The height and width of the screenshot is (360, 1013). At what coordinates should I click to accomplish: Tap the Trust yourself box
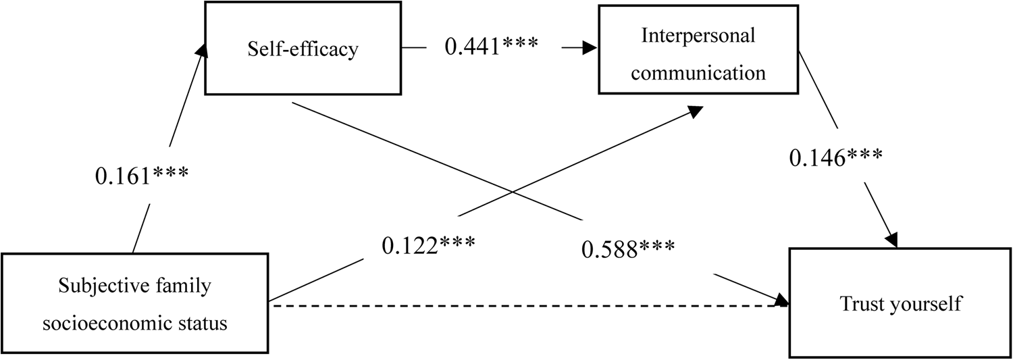click(900, 303)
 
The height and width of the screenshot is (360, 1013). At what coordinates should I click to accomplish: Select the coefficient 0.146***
click(836, 159)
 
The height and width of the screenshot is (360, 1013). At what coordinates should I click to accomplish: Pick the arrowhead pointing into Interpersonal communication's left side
click(590, 48)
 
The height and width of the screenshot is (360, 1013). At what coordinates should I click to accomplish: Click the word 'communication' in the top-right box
click(698, 72)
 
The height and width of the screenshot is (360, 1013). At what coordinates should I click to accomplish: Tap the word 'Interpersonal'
click(698, 36)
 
